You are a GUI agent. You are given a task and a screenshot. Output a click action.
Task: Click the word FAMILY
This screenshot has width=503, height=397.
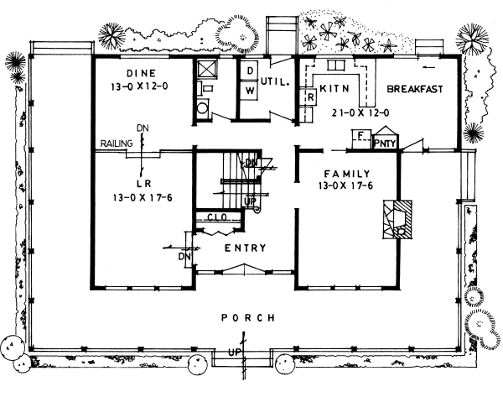click(x=342, y=174)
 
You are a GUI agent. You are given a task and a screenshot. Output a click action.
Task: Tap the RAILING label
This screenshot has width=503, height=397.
click(x=113, y=144)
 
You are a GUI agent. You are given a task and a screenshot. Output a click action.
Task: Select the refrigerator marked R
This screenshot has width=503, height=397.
click(x=309, y=97)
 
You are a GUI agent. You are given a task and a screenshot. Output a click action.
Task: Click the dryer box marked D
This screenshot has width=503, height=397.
click(x=250, y=70)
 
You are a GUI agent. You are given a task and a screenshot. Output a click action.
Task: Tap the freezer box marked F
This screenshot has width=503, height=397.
click(x=360, y=137)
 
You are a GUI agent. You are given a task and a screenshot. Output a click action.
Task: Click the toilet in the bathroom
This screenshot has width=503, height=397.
click(x=201, y=107)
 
